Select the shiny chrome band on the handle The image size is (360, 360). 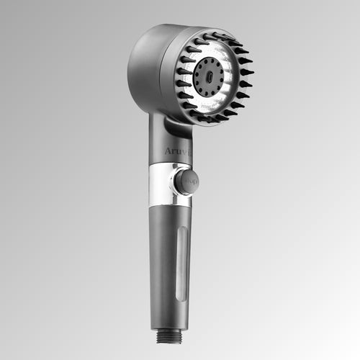tap(162, 184)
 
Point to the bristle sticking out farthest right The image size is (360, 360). tap(249, 72)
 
